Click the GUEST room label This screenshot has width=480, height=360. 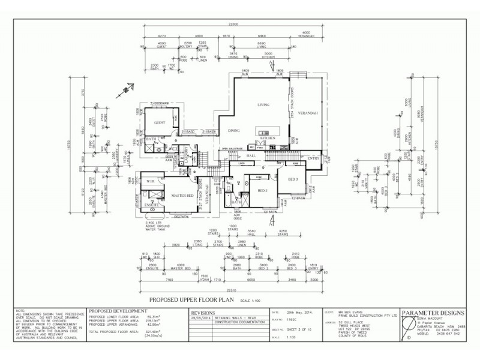click(159, 122)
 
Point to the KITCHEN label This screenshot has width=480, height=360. click(268, 138)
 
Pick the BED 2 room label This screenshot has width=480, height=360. click(262, 190)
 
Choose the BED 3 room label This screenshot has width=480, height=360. click(293, 179)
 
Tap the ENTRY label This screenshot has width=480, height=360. click(313, 158)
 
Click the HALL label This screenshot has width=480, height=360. click(251, 155)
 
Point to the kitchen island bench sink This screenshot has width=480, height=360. click(263, 130)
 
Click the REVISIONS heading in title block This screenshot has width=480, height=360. click(204, 313)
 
